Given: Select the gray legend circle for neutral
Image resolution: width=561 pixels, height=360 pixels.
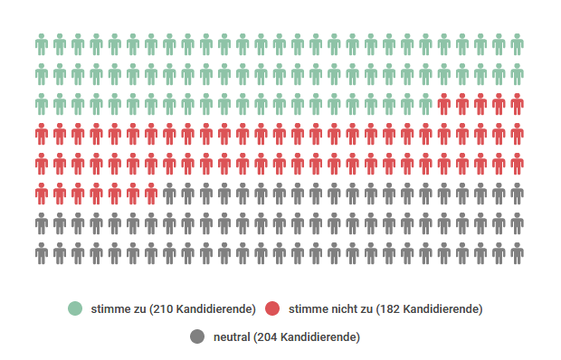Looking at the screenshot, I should pos(197,337).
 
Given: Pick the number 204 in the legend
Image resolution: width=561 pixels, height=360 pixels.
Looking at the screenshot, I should pos(267,337).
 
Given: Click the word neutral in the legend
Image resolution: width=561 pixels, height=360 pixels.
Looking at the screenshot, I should pos(232,337).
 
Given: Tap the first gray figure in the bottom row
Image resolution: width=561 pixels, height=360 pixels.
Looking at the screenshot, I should pos(42,253).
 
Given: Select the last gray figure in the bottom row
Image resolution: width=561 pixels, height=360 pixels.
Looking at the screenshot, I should pos(517,253).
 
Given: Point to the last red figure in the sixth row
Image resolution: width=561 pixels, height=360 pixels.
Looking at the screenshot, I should pos(151,194).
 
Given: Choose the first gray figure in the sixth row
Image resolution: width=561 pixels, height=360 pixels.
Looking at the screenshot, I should pos(169,194).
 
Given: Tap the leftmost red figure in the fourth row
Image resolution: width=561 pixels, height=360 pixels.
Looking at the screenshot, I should pos(42,134).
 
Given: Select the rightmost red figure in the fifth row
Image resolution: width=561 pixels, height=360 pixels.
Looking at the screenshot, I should pos(517,164).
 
